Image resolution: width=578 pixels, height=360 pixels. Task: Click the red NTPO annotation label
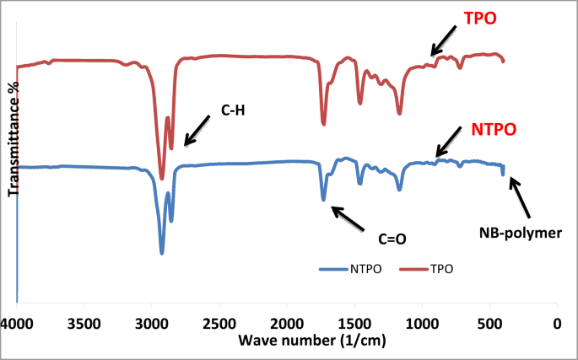(492, 130)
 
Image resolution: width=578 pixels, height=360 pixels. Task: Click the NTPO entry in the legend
(355, 269)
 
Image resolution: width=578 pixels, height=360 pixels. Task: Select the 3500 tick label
(84, 324)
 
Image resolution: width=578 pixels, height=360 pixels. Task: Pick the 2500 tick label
(219, 324)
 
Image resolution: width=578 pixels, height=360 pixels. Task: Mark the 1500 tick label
(354, 324)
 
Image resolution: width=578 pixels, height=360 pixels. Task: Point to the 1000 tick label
(422, 324)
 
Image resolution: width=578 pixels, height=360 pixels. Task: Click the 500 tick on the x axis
(489, 324)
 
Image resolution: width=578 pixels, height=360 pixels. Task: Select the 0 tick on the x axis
(557, 324)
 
